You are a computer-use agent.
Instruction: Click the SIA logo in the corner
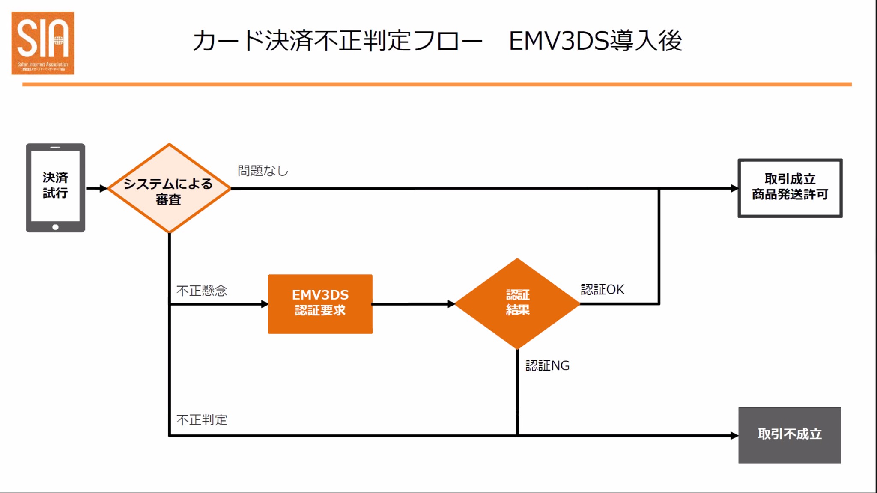click(x=42, y=43)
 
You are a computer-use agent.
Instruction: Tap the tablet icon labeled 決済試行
click(x=55, y=187)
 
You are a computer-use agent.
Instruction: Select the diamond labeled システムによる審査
click(x=169, y=188)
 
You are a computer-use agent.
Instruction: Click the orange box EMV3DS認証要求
click(x=320, y=303)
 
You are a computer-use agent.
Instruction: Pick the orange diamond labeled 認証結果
click(x=517, y=303)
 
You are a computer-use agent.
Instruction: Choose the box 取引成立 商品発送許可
click(x=790, y=188)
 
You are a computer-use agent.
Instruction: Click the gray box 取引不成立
click(x=789, y=435)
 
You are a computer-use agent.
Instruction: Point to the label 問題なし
click(x=263, y=171)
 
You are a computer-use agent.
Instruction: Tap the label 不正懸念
click(x=201, y=291)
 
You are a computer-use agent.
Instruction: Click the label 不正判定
click(x=201, y=419)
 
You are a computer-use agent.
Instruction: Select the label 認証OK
click(x=602, y=289)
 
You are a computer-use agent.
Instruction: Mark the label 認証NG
click(x=547, y=365)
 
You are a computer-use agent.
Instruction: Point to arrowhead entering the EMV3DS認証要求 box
click(x=264, y=304)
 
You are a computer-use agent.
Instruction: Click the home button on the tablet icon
click(x=55, y=227)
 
